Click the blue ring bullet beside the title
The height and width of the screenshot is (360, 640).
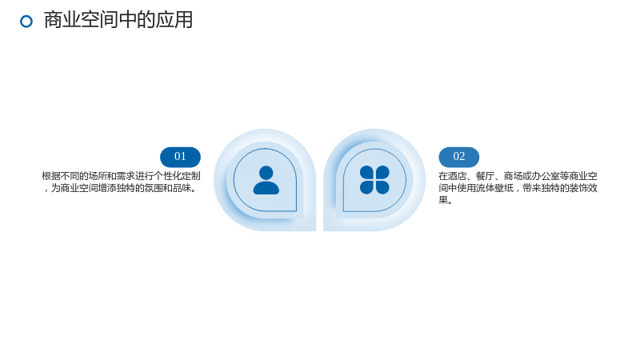point(26,22)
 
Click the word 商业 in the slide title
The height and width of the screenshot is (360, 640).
point(62,20)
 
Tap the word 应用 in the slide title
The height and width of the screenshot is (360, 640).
point(174,20)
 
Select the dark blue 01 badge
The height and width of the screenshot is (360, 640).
point(181,157)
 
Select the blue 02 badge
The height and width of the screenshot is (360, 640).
point(458,157)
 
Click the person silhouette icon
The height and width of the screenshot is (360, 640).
point(266,180)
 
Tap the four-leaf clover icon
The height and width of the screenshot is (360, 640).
point(374,180)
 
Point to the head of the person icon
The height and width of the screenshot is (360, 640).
point(266,173)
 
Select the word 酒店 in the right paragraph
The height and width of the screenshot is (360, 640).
point(457,176)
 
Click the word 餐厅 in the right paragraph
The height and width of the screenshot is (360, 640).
point(485,176)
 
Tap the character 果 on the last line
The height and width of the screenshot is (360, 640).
point(443,200)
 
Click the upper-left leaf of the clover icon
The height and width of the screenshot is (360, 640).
point(366,173)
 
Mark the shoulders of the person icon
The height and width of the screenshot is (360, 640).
point(266,188)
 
